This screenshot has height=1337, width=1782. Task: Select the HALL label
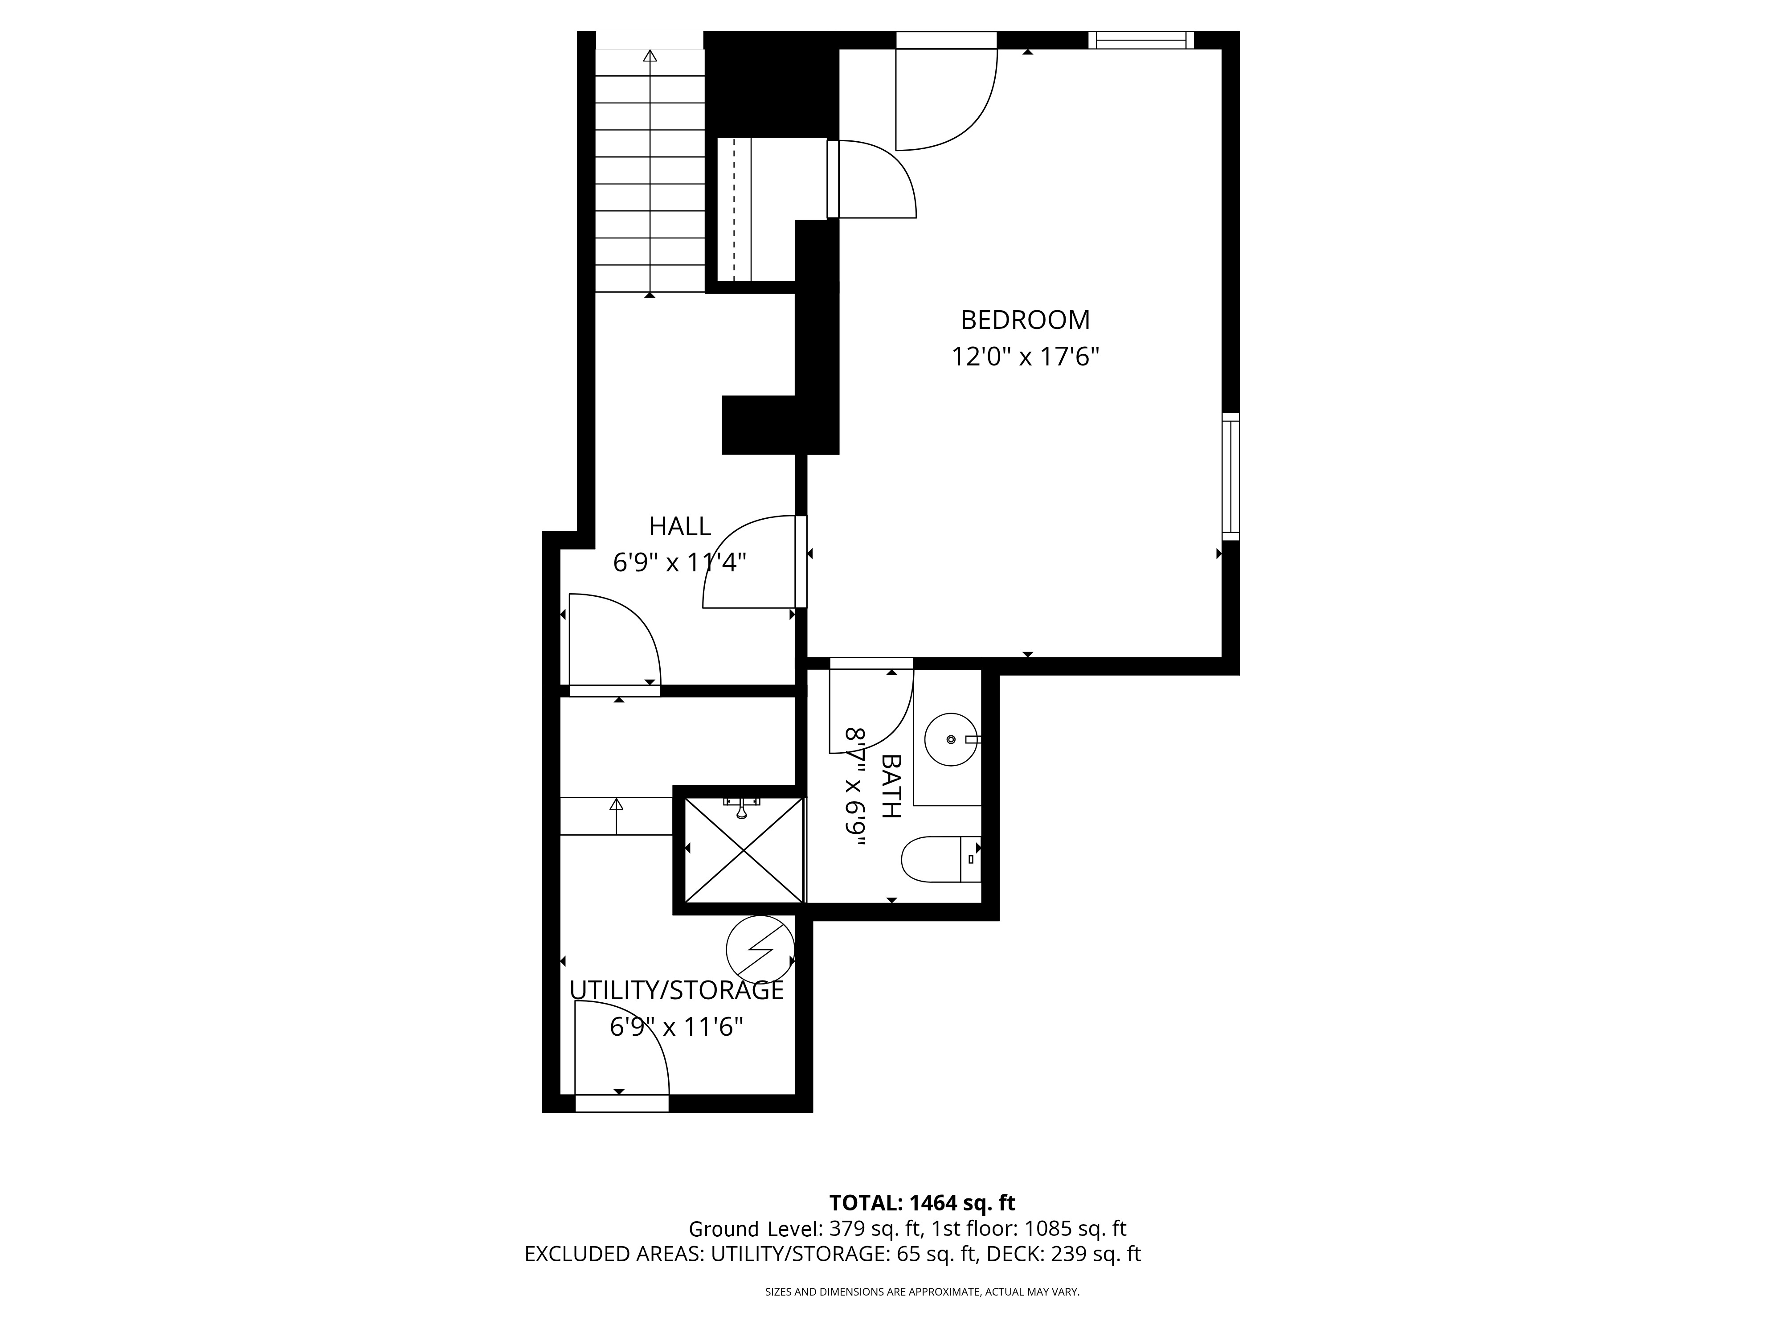680,526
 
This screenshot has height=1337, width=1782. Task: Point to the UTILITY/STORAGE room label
677,990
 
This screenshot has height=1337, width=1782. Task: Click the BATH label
891,786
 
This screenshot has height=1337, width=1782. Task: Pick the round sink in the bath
952,739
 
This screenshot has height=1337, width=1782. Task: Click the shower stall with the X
744,850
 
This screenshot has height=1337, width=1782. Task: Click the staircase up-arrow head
650,56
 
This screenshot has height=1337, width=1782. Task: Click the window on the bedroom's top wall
1141,40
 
